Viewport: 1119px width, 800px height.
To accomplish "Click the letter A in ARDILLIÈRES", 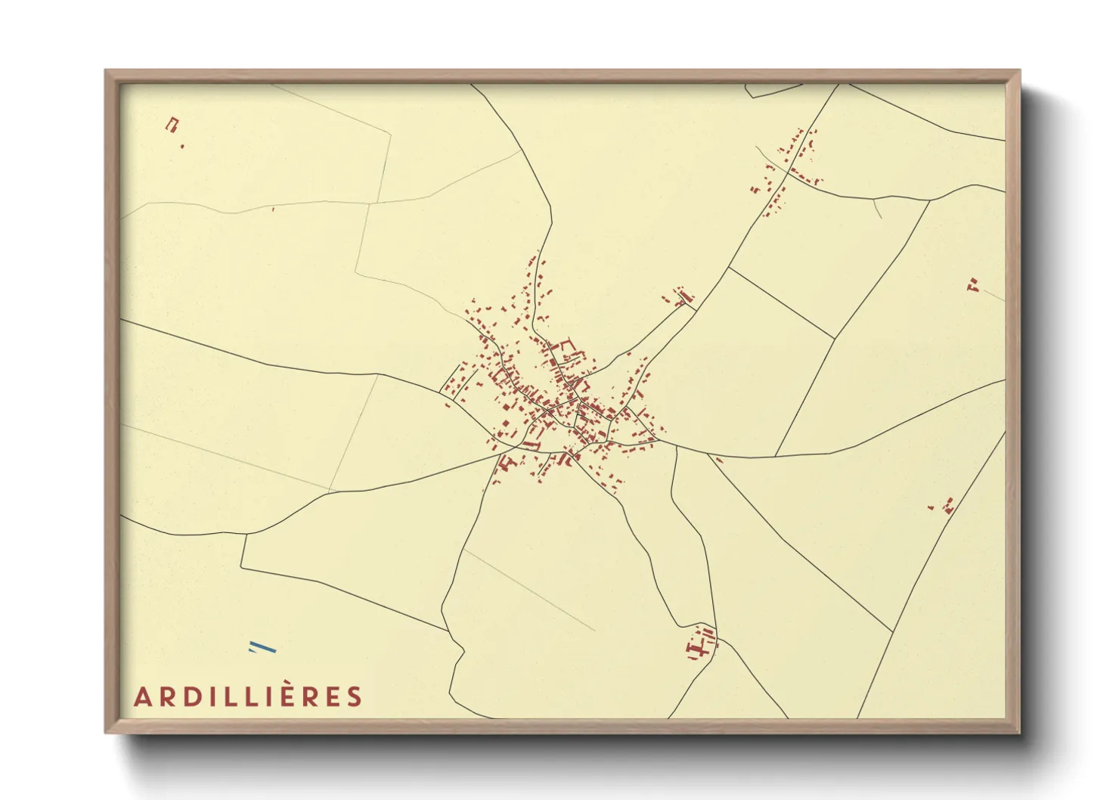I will coord(141,697).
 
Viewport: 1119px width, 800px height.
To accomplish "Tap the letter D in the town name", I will coord(192,697).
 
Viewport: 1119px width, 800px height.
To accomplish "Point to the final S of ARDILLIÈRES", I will coord(355,697).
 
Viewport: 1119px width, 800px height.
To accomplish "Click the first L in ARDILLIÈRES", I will coord(231,697).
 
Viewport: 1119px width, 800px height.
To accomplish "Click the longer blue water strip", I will coord(262,647).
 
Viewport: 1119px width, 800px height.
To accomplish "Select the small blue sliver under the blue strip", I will coord(251,651).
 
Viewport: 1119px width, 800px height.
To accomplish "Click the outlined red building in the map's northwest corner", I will coord(172,124).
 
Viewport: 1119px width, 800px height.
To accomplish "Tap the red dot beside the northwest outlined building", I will coord(182,146).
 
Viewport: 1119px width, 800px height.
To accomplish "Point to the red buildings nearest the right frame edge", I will coord(973,285).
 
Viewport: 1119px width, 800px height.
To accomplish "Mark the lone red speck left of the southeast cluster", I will coord(931,507).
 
